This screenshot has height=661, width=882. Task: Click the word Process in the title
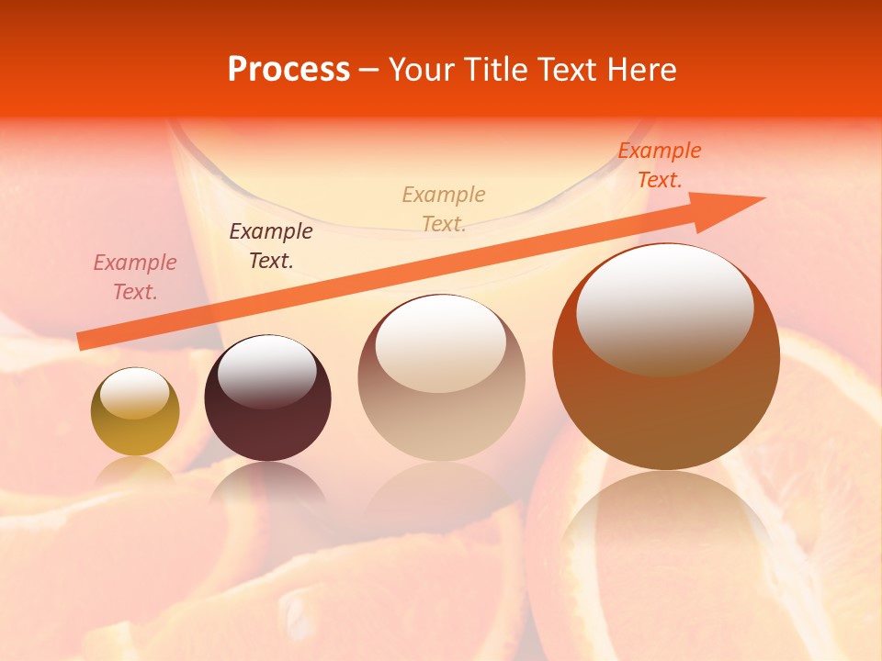(288, 70)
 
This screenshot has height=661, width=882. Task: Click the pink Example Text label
(135, 277)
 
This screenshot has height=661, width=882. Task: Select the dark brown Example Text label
(271, 246)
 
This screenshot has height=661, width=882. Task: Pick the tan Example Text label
(444, 208)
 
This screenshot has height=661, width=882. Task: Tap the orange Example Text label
(660, 165)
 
